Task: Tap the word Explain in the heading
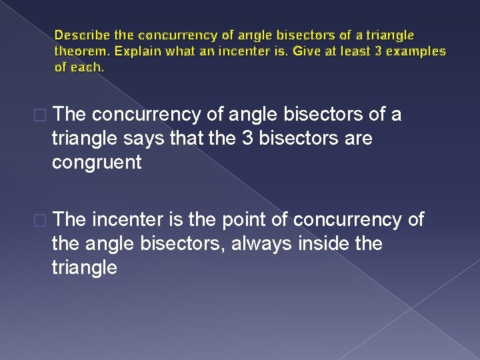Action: (x=131, y=51)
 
